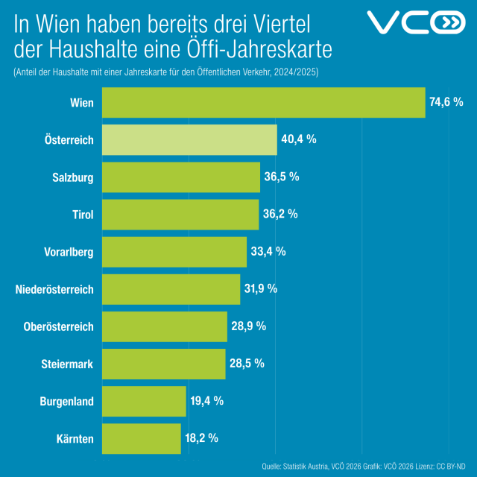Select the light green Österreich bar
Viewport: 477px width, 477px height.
point(189,139)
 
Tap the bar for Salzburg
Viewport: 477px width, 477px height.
point(180,177)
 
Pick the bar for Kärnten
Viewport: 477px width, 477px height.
point(141,438)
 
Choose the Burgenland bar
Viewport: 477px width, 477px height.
point(143,401)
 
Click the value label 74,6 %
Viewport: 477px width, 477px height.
point(446,103)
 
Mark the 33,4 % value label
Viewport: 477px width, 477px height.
point(268,251)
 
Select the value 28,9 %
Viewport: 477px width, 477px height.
point(249,326)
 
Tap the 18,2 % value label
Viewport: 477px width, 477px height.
point(203,438)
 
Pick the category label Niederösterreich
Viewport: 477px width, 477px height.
point(54,289)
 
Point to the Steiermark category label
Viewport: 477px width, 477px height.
point(67,364)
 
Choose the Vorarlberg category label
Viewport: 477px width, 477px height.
point(64,252)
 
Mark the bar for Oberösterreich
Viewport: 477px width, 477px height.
point(164,326)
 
